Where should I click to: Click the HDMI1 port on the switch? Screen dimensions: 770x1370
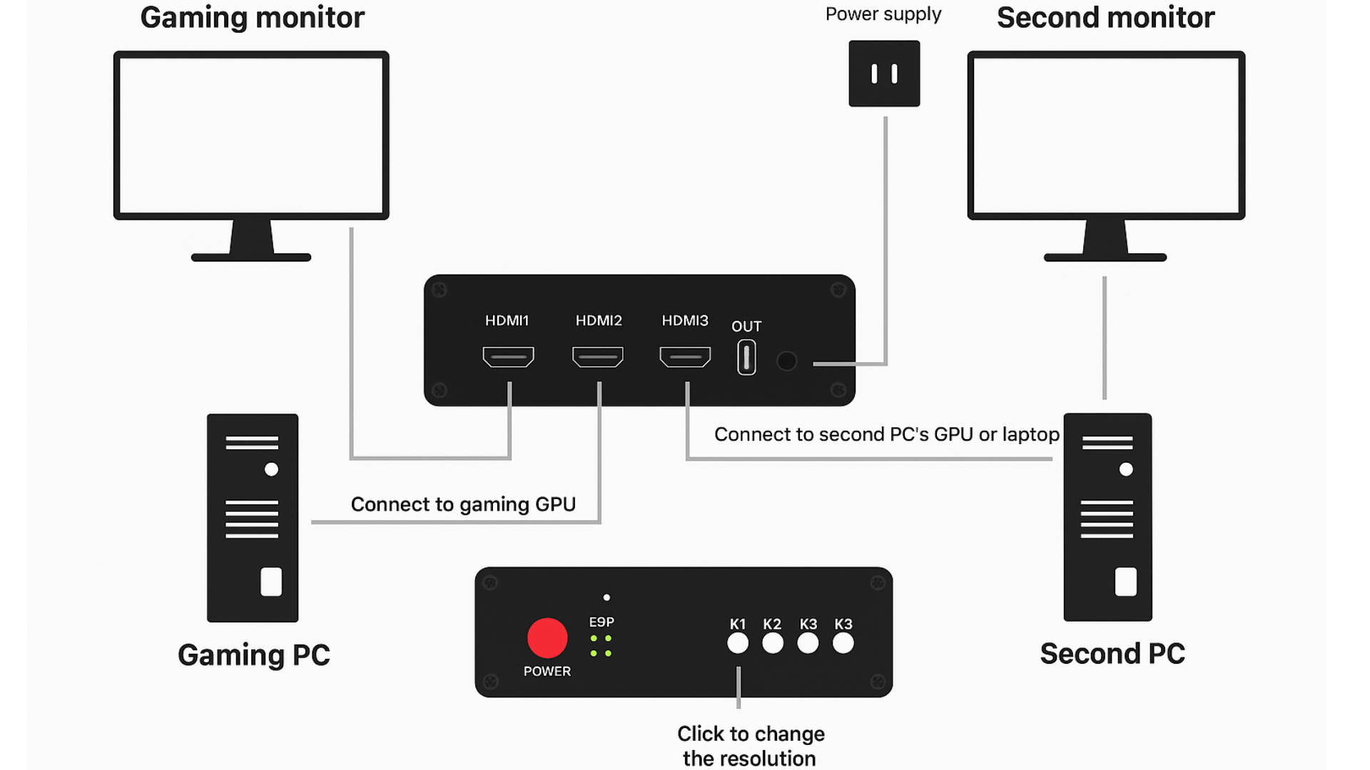point(508,356)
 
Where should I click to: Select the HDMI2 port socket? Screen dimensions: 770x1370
point(598,356)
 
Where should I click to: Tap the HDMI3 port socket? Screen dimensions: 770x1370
point(685,356)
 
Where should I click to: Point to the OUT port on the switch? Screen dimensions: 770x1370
point(746,357)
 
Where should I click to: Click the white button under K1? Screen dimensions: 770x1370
point(738,643)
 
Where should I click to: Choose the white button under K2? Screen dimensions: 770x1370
point(772,643)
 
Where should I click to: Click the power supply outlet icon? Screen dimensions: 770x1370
point(884,73)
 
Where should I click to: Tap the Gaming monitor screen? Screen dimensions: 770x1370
point(251,135)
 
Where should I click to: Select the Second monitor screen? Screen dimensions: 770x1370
point(1106,135)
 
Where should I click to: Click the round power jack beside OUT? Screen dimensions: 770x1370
point(786,361)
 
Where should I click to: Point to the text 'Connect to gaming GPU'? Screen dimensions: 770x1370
point(463,505)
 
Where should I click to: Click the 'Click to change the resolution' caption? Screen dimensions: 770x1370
point(750,746)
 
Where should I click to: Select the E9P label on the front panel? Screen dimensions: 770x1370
point(602,622)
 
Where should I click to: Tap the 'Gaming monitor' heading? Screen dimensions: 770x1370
point(252,18)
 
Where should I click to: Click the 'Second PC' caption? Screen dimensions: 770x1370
point(1112,654)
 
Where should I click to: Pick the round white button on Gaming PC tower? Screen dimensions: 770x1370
point(271,469)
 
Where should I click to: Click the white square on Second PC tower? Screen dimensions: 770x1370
point(1125,582)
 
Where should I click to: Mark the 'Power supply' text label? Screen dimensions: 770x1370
point(883,14)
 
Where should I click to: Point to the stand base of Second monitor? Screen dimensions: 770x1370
point(1105,257)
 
